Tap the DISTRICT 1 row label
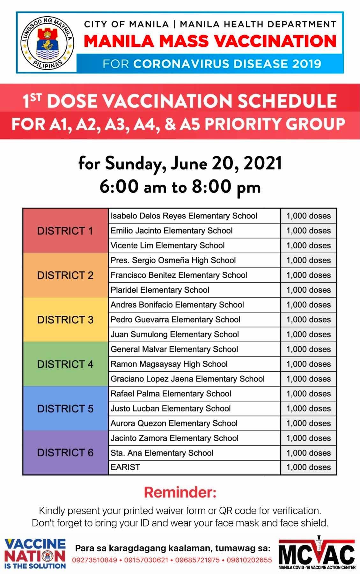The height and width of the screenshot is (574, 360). [65, 231]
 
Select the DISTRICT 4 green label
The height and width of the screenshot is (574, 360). [65, 364]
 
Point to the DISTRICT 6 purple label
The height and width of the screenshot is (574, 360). [65, 453]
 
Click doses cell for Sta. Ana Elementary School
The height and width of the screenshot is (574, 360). [308, 453]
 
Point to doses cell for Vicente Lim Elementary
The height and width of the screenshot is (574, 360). [308, 246]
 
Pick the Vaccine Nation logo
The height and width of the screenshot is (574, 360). [35, 554]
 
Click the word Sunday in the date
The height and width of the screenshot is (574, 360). [136, 164]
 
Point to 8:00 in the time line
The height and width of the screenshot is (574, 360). [212, 187]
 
